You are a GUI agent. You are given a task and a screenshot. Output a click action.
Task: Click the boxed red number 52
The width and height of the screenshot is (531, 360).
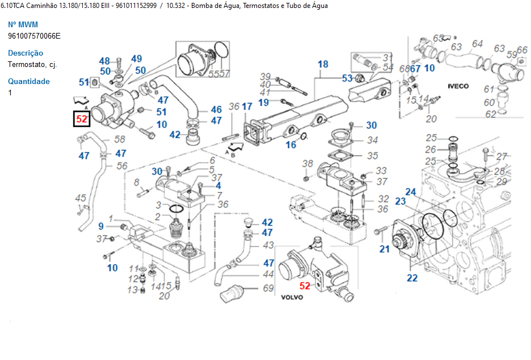point(82,119)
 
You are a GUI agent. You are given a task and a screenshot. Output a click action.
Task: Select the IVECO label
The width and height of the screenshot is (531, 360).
point(458,86)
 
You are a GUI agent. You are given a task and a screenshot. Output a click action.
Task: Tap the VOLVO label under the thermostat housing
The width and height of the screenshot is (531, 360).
point(292,297)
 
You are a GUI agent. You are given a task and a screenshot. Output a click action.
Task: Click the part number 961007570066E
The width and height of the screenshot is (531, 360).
point(34,36)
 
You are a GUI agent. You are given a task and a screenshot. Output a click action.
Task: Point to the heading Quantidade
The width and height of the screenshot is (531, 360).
point(28,81)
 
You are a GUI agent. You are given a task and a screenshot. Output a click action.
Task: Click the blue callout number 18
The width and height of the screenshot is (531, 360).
point(323,64)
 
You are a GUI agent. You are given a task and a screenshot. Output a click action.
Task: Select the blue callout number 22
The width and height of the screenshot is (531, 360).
point(412,278)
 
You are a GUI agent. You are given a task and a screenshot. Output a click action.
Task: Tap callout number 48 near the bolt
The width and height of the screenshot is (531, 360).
point(104,61)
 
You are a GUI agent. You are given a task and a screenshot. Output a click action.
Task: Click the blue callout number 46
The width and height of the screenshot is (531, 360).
point(216,110)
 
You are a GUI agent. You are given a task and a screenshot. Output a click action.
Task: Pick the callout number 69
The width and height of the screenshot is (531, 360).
point(268,288)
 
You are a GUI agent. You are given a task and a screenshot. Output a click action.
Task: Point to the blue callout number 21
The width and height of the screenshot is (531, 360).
point(385,249)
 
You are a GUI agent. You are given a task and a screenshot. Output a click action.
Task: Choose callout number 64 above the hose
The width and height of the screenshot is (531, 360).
point(477,44)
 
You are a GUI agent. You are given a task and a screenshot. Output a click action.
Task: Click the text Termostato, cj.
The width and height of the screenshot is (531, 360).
point(32,64)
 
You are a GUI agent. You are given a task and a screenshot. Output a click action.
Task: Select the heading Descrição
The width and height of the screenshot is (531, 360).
point(26,53)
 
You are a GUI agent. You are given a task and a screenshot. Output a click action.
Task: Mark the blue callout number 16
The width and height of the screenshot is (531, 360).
point(290,145)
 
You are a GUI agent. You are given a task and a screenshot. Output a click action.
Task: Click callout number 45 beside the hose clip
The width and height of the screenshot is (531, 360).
point(81,198)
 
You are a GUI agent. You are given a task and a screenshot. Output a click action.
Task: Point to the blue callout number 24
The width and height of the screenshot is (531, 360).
point(411,191)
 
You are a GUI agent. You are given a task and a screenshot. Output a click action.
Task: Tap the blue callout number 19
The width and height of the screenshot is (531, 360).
point(263,102)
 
